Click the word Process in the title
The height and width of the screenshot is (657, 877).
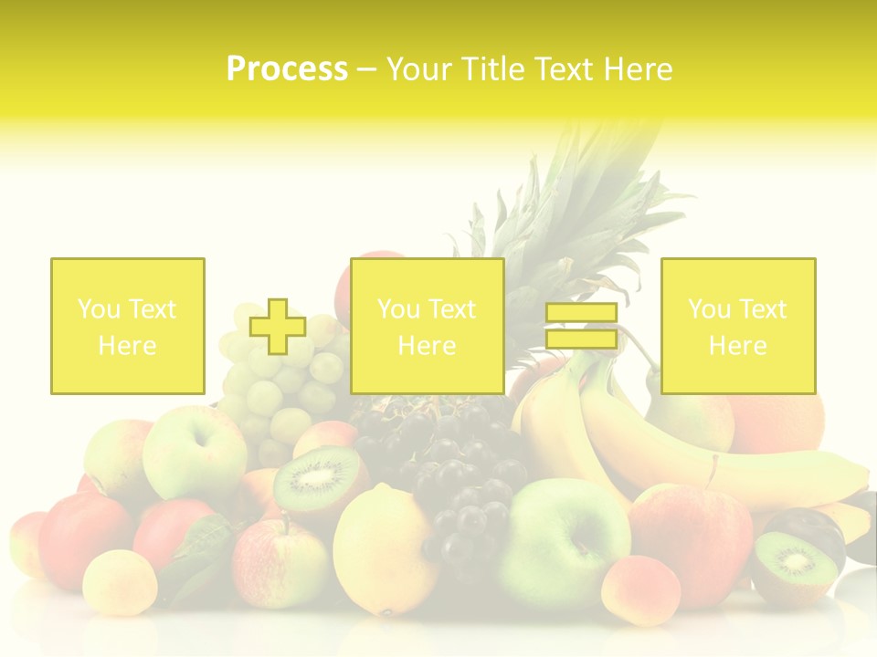[x=287, y=69]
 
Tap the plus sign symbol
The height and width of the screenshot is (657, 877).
[x=278, y=327]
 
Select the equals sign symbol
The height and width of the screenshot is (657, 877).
[x=581, y=326]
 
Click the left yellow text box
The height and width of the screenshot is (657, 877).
[x=128, y=326]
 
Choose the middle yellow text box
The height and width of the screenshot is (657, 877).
[x=427, y=326]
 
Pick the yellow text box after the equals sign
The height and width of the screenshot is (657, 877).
[x=737, y=326]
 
